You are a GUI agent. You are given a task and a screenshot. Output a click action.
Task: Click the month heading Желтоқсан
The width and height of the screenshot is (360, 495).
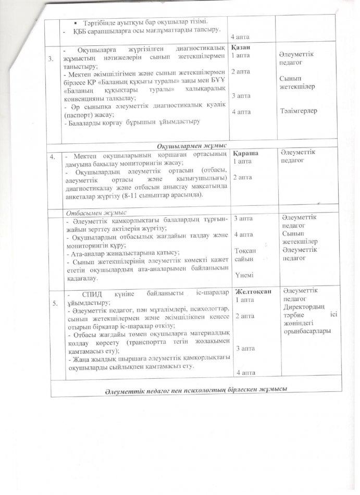pyautogui.click(x=254, y=291)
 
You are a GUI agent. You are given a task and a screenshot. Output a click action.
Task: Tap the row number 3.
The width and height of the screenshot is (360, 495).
pyautogui.click(x=50, y=59)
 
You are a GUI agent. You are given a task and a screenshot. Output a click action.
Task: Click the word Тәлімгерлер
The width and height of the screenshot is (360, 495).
pyautogui.click(x=299, y=111)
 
